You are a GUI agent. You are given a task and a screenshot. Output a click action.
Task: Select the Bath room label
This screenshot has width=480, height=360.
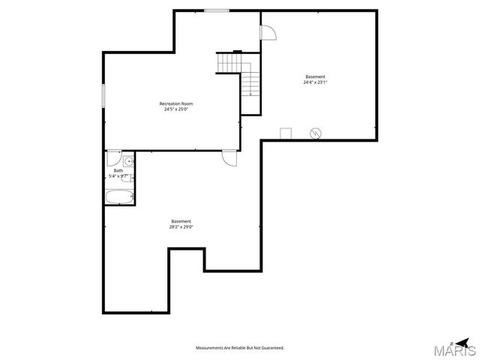pos(118,170)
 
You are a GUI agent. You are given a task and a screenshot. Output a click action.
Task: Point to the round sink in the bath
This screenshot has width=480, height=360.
pos(128,161)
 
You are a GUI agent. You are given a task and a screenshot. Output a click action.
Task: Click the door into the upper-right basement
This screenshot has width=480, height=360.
pos(268,32)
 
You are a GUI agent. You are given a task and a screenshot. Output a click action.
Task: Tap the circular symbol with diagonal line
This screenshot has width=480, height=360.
pos(316,133)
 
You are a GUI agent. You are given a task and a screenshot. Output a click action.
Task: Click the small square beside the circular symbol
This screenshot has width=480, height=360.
pos(286,133)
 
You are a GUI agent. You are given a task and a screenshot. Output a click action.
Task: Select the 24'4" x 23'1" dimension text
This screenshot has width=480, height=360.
pos(315,82)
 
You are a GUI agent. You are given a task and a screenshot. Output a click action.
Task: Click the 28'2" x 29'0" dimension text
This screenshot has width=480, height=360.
pos(181,226)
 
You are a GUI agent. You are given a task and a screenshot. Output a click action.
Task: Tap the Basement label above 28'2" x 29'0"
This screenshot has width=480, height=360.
pos(181,220)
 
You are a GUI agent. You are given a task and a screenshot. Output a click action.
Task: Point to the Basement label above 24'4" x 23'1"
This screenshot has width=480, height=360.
pos(315,76)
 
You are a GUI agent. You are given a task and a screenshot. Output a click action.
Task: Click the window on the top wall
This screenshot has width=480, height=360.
pos(217,10)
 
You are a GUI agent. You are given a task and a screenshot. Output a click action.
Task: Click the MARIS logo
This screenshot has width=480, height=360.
pos(458,349)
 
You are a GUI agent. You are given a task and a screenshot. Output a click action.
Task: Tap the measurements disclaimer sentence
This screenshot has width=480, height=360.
pos(240,348)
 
